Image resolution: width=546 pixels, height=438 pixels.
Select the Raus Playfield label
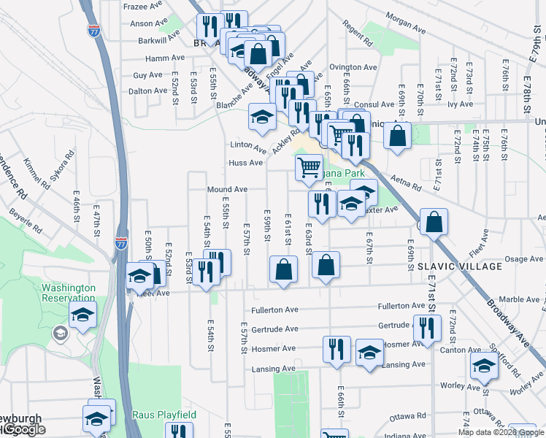[164, 415]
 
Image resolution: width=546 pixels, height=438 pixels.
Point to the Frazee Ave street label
[146, 5]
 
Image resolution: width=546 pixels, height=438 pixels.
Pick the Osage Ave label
[524, 258]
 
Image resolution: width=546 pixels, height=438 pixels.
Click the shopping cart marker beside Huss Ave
[309, 166]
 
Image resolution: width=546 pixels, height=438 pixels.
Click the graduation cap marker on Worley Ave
[483, 366]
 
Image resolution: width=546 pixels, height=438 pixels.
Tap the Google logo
[24, 429]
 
